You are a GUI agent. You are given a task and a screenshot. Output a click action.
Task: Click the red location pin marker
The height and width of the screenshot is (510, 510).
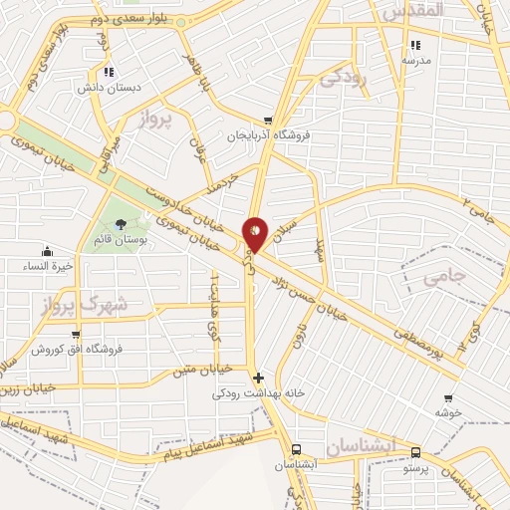tap(255, 233)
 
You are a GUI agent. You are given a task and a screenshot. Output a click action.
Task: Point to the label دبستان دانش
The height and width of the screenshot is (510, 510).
tap(109, 87)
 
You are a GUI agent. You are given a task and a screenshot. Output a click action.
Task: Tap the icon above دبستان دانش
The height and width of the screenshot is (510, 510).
tap(109, 72)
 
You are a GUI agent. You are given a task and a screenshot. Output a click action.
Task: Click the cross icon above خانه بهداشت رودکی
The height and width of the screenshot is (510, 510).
tap(259, 378)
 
